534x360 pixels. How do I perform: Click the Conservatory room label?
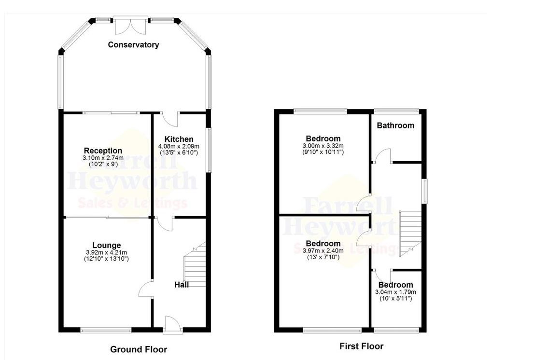click(x=133, y=45)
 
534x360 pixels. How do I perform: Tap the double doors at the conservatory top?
click(x=131, y=25)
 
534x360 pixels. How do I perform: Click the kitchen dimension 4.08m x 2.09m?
click(x=179, y=146)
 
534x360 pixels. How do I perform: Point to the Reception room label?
click(x=103, y=151)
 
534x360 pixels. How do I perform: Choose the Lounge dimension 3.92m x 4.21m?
click(x=107, y=252)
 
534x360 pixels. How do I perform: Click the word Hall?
click(x=181, y=285)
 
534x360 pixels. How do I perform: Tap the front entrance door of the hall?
click(x=172, y=324)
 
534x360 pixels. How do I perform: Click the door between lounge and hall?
click(x=145, y=290)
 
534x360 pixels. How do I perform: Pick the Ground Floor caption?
click(x=139, y=349)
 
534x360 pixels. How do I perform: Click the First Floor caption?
click(x=361, y=346)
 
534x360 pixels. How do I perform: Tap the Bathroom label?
click(x=395, y=125)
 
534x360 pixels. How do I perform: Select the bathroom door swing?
click(x=382, y=156)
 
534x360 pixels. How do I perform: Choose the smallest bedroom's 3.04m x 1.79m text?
click(x=395, y=292)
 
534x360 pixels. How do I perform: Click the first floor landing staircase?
click(x=410, y=234)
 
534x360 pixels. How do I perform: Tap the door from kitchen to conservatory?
click(x=170, y=118)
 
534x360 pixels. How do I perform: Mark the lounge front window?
click(x=106, y=331)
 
